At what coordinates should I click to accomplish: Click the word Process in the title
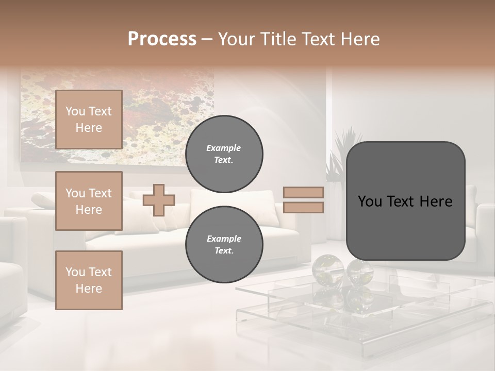(x=162, y=39)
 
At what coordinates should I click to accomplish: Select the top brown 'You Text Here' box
(x=89, y=120)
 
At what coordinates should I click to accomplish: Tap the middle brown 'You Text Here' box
(x=89, y=201)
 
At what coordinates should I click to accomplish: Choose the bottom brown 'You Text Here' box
(x=89, y=280)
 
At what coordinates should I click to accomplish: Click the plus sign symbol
(x=159, y=200)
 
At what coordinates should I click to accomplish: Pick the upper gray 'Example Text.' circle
(x=224, y=154)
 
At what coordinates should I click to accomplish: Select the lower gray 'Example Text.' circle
(x=224, y=245)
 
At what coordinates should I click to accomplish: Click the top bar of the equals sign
(x=304, y=192)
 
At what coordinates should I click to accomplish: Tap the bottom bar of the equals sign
(x=304, y=207)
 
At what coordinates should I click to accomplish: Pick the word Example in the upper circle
(x=224, y=148)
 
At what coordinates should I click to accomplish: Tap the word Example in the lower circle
(x=224, y=239)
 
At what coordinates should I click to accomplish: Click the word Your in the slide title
(x=237, y=39)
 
